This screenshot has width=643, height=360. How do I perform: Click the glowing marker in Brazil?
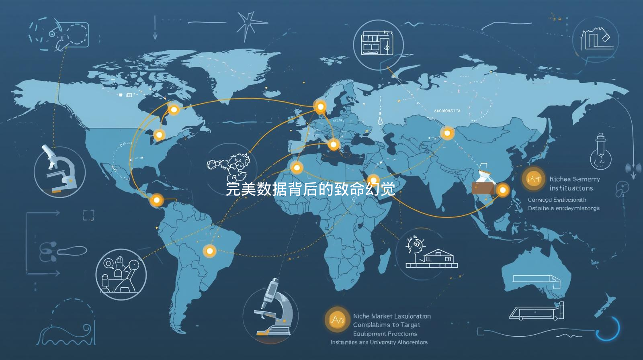click(x=209, y=251)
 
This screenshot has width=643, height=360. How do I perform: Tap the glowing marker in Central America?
click(x=156, y=200)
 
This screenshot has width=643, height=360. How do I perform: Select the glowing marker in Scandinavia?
click(x=320, y=106)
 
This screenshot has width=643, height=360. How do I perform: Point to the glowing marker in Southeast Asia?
click(x=502, y=190)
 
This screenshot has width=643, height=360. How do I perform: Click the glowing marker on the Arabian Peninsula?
click(x=373, y=180)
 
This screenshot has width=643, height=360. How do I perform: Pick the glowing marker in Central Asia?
click(x=447, y=133)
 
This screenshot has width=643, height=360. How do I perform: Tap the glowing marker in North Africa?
click(x=297, y=167)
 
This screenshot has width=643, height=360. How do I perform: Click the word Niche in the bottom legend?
click(x=361, y=316)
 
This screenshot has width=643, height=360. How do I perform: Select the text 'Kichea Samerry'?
click(x=575, y=179)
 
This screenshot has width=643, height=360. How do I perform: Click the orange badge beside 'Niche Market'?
click(x=337, y=320)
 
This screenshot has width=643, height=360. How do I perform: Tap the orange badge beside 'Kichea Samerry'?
click(x=534, y=179)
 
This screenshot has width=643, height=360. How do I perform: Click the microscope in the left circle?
click(x=59, y=171)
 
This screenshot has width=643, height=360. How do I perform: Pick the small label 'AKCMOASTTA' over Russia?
click(x=447, y=110)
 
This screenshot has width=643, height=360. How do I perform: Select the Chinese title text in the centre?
click(x=310, y=189)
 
